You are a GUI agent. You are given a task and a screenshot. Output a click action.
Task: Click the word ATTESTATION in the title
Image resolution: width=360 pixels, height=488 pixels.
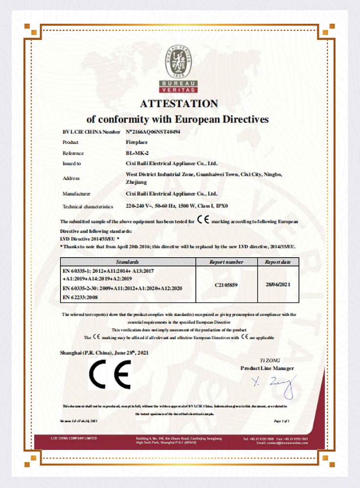coord(179,103)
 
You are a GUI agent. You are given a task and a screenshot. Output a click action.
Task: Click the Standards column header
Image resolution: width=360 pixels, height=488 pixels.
coord(128,262)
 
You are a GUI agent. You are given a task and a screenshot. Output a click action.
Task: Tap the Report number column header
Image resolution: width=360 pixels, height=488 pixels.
coord(226,262)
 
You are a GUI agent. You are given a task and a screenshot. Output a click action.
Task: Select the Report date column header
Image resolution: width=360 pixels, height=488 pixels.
coord(278,262)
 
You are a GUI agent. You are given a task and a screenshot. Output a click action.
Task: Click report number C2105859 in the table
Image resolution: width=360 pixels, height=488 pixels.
coord(226,285)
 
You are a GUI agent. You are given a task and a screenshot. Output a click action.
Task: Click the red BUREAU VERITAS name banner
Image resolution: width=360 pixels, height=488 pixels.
coord(179,87)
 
